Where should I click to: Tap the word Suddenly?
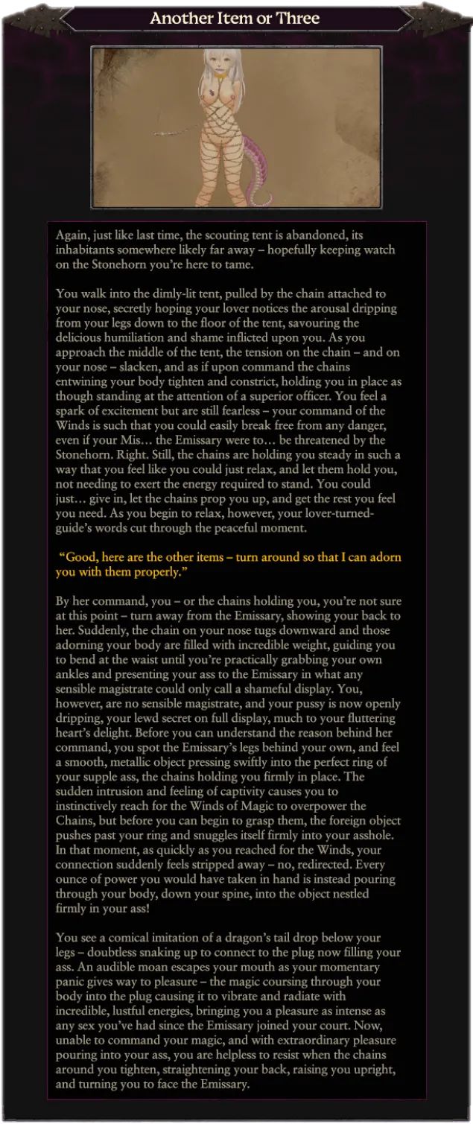80,631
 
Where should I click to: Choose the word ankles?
74,675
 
